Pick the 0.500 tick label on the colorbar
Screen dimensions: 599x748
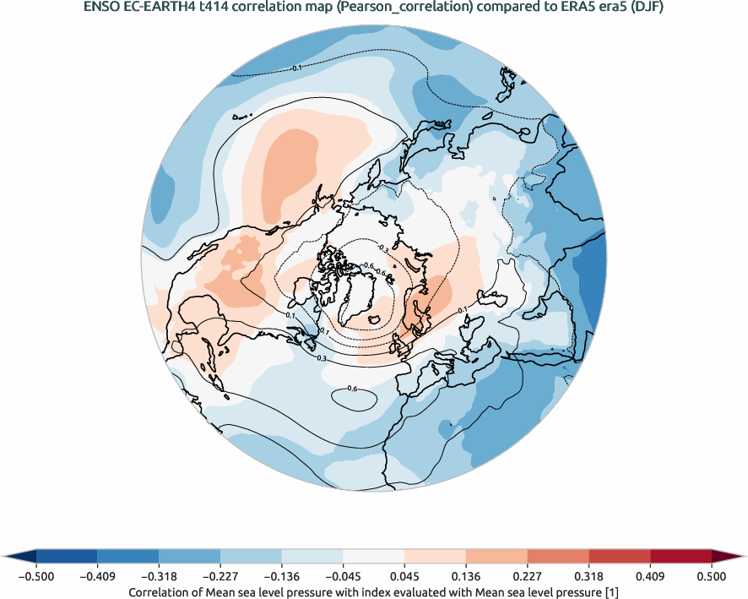(x=712, y=576)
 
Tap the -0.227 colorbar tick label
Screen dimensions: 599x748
(x=220, y=576)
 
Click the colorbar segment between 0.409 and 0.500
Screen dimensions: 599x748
(x=680, y=556)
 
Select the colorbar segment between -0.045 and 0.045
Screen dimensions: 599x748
(x=373, y=556)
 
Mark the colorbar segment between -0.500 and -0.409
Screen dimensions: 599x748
(x=67, y=556)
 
